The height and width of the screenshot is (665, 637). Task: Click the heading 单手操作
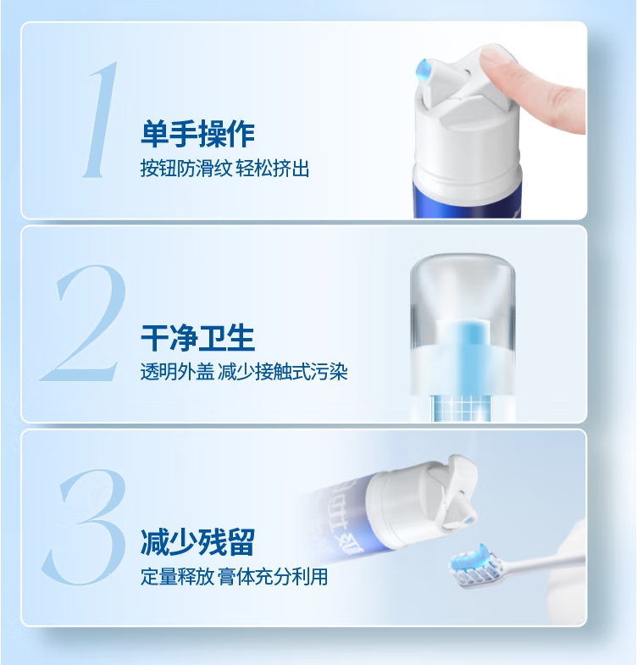click(x=197, y=134)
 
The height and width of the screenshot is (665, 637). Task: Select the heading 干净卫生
click(x=197, y=338)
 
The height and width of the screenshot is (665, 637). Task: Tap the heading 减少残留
click(x=197, y=542)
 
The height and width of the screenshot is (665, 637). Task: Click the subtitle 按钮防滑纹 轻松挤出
click(x=224, y=169)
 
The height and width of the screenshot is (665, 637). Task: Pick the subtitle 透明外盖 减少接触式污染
click(x=244, y=372)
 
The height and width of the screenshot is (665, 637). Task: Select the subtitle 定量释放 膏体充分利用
click(x=234, y=577)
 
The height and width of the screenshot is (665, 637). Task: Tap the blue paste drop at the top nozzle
click(x=424, y=69)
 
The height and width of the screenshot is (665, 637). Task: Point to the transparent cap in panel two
click(x=463, y=322)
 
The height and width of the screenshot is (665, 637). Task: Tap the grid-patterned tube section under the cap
click(x=462, y=408)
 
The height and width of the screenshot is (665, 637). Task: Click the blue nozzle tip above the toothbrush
click(x=468, y=520)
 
